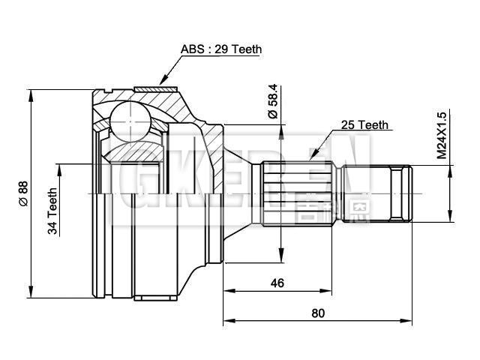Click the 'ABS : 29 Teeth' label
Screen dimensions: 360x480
click(x=221, y=49)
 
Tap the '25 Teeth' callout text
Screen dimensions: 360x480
click(x=364, y=124)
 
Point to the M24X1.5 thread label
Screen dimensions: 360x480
click(x=442, y=134)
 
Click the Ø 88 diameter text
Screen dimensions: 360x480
click(x=22, y=193)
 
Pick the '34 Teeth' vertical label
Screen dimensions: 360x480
click(x=53, y=212)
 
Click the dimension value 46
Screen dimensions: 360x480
click(x=277, y=283)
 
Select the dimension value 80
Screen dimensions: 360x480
click(x=318, y=313)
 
